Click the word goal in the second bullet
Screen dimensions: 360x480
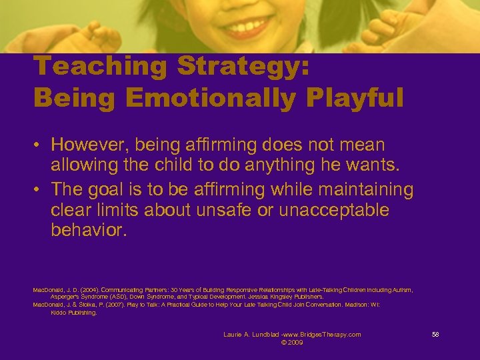tap(112, 190)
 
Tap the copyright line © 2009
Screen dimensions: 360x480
tap(292, 343)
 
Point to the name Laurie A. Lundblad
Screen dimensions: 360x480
tap(251, 334)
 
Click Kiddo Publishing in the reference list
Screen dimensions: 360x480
tap(74, 312)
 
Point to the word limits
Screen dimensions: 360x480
tap(117, 210)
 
